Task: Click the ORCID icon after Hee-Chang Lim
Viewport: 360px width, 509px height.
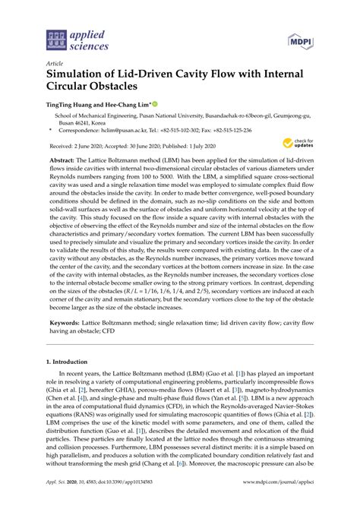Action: click(x=156, y=104)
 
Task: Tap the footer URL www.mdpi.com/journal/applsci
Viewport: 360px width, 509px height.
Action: click(x=279, y=502)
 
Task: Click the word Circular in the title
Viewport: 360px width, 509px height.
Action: click(x=76, y=90)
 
